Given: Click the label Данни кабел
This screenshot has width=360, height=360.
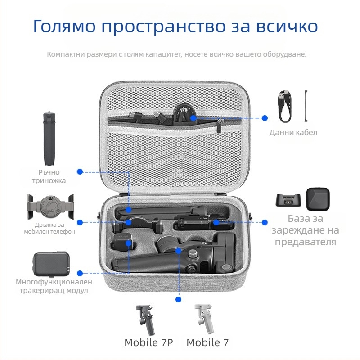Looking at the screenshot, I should tap(293, 132).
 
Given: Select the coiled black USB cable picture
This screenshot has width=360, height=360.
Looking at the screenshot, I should tap(284, 107).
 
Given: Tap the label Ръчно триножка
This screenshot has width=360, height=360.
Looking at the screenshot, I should tap(52, 176).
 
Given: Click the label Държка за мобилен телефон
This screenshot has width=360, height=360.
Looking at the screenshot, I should tap(49, 228).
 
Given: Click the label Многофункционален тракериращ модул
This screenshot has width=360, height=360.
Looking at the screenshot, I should tap(54, 286).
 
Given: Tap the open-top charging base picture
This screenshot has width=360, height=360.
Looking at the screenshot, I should tap(288, 200).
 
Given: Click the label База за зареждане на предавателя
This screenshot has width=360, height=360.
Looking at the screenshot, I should tap(313, 230).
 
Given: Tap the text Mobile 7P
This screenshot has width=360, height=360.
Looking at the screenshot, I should tap(148, 342).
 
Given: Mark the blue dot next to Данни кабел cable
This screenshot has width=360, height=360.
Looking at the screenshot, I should tap(265, 118).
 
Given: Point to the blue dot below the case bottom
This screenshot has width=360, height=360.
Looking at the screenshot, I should tap(179, 299).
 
